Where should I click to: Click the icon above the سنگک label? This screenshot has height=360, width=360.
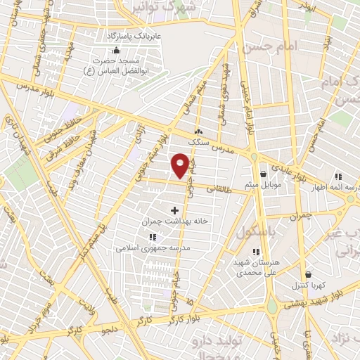point(198,131)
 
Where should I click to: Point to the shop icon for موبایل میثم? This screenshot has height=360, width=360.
point(263,174)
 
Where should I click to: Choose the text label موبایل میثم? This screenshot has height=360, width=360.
point(263,185)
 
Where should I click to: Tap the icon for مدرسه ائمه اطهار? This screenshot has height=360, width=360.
point(337,177)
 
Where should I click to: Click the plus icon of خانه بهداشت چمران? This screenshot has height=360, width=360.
point(175,210)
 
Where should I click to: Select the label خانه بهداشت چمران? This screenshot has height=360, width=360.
point(175,221)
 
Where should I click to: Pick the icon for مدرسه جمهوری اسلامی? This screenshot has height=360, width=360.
point(153,237)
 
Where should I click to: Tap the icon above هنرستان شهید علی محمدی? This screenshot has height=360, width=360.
point(256,252)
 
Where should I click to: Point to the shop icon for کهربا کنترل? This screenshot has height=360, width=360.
point(308,275)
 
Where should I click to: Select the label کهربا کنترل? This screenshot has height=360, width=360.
point(308,286)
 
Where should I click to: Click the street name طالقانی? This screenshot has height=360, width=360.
point(219,188)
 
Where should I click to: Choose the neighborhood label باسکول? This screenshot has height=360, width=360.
point(254,233)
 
